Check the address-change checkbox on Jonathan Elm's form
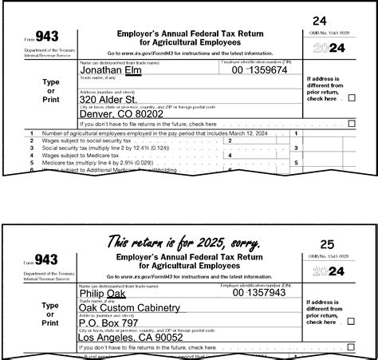point(352,98)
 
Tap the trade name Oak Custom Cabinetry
point(130,307)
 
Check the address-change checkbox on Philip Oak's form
point(352,321)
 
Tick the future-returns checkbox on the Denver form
point(352,124)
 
